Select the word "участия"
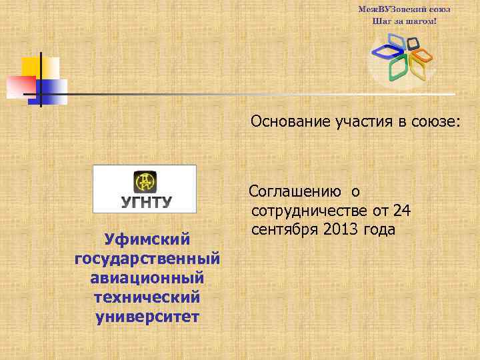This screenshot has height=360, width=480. [x=361, y=121]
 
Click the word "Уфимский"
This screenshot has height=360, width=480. [x=147, y=239]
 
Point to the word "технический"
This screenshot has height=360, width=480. [x=147, y=297]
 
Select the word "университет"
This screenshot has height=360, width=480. [x=147, y=316]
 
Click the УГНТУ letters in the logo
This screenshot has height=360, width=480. [x=145, y=201]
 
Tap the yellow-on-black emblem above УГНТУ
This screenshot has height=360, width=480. [x=145, y=181]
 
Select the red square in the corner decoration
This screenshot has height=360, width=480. [x=21, y=85]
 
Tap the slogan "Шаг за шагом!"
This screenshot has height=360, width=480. [x=405, y=21]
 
